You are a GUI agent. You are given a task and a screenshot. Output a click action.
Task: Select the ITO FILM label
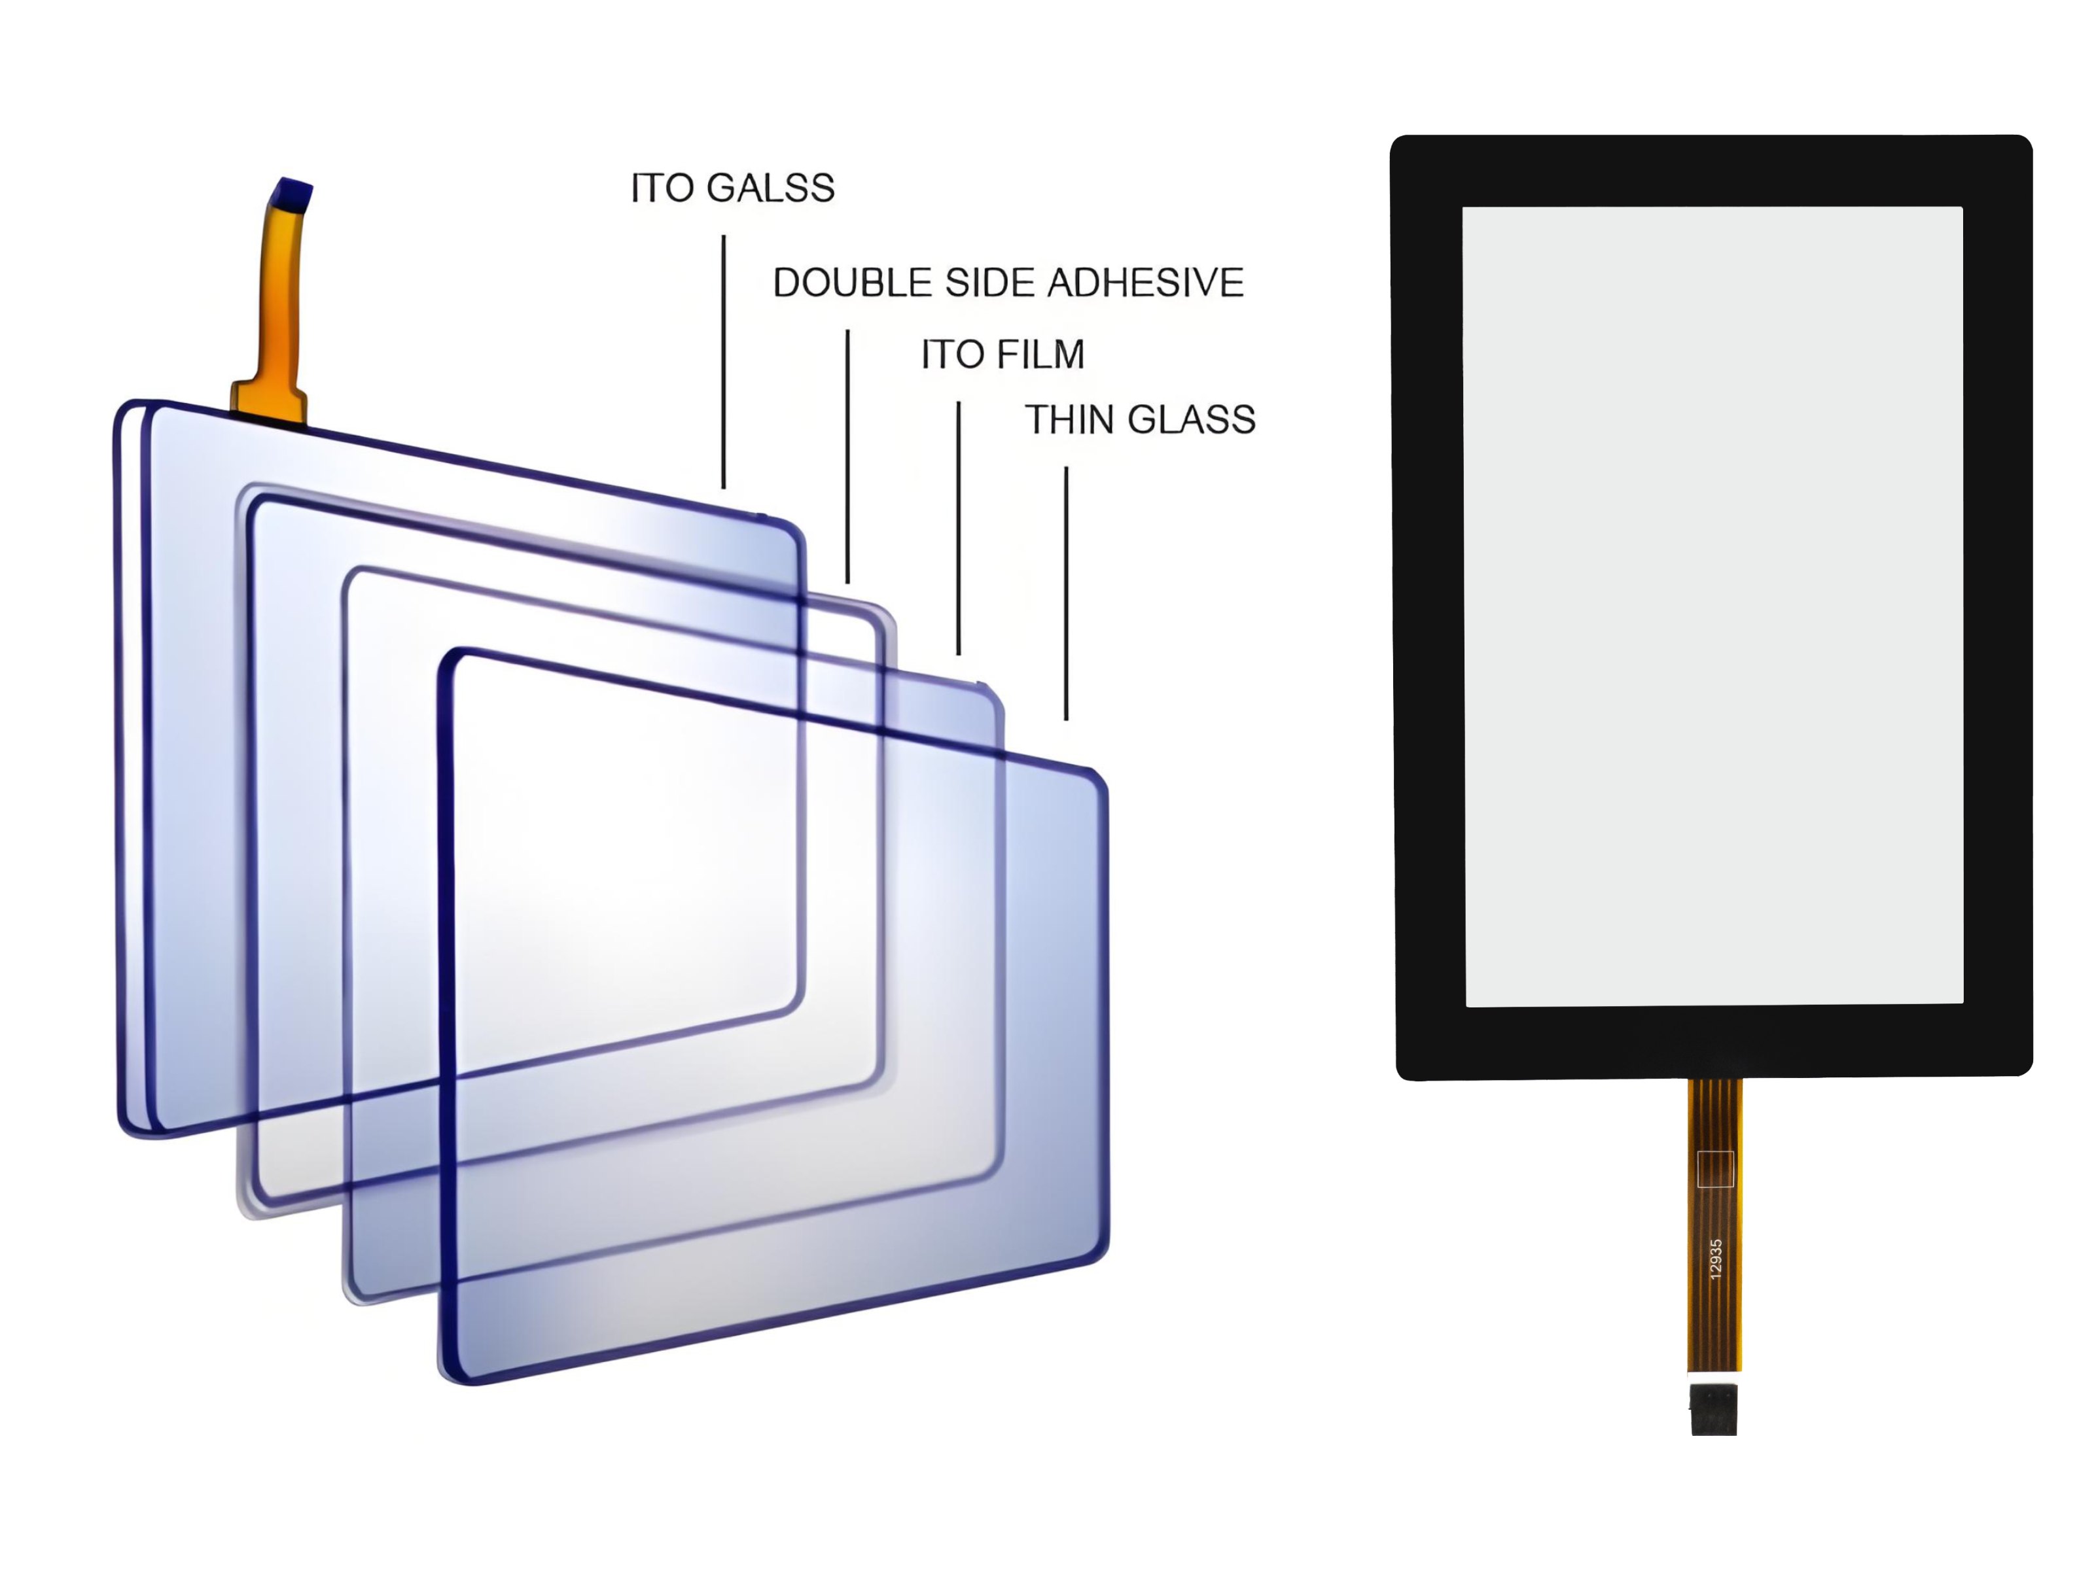[x=1003, y=354]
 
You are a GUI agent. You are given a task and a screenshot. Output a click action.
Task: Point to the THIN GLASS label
[x=1140, y=419]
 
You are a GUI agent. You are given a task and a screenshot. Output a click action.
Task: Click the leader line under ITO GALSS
[x=724, y=362]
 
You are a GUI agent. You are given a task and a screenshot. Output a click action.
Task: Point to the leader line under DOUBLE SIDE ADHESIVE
[x=847, y=456]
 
